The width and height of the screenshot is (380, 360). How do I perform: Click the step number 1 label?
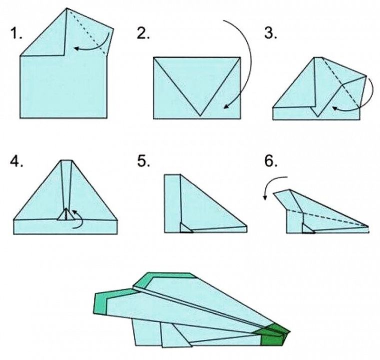(x=16, y=33)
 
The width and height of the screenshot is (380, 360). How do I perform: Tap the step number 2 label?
(x=143, y=33)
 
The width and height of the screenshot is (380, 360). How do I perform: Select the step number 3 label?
(x=270, y=33)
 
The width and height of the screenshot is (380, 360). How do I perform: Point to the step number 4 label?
(x=16, y=161)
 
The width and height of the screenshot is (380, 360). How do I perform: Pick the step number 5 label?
(x=143, y=161)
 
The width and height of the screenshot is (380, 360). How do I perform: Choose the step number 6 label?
(x=270, y=161)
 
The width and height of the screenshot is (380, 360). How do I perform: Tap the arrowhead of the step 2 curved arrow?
(x=225, y=106)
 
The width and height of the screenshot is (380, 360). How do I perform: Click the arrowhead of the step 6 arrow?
(x=265, y=198)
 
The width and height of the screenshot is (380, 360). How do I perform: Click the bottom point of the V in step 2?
(x=200, y=115)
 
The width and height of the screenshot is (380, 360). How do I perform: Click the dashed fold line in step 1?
(x=86, y=31)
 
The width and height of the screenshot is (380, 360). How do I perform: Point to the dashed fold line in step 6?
(x=327, y=218)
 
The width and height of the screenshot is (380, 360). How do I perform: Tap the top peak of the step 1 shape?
(x=67, y=8)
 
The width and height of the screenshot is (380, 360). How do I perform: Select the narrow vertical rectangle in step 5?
(x=172, y=203)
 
